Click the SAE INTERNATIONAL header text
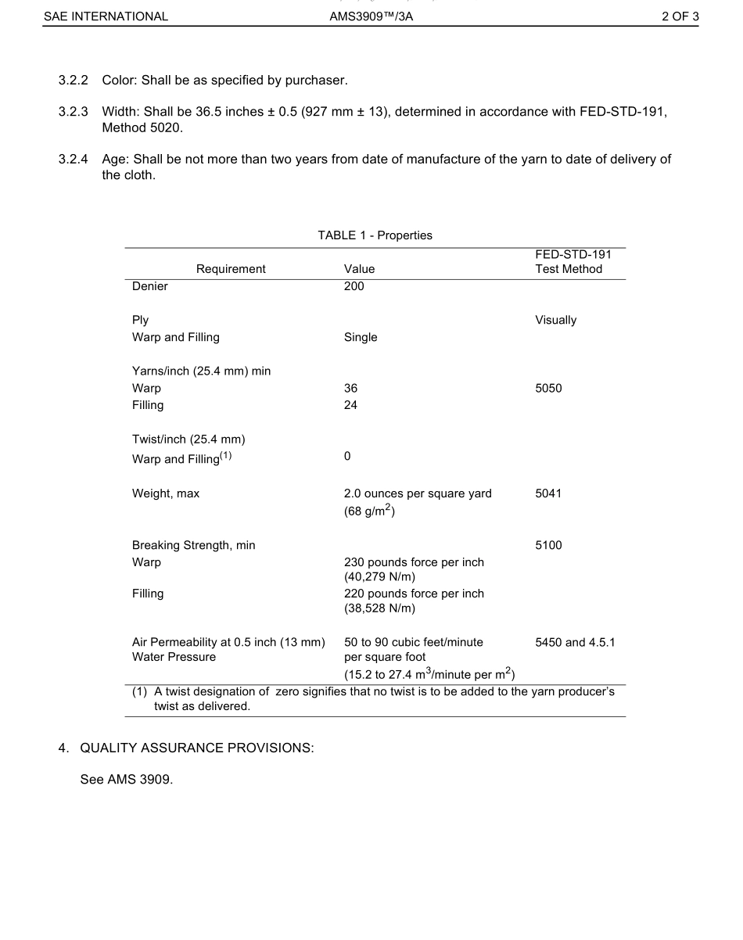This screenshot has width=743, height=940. (x=106, y=16)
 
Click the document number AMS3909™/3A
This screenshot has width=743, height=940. (x=371, y=16)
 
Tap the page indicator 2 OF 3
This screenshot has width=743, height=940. (x=680, y=16)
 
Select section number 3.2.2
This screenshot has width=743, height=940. (x=74, y=81)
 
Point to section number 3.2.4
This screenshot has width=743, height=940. (x=74, y=160)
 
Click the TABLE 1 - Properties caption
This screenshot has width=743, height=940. (x=375, y=235)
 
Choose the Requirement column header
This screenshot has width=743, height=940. (x=231, y=269)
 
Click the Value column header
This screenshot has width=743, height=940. (x=359, y=269)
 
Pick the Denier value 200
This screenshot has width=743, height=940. (x=354, y=286)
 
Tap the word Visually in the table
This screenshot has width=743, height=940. (x=555, y=320)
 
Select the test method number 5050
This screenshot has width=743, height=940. (x=548, y=389)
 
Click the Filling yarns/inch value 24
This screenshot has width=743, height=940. (x=350, y=405)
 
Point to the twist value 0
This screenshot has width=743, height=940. (x=347, y=456)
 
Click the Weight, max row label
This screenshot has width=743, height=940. (x=166, y=493)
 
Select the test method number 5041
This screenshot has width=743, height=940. (x=548, y=493)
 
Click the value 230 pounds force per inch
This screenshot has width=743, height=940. (x=414, y=562)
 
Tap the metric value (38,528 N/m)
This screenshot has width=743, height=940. (x=379, y=608)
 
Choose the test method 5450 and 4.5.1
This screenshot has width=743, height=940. (x=575, y=643)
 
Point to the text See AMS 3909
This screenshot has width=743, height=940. (x=126, y=780)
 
